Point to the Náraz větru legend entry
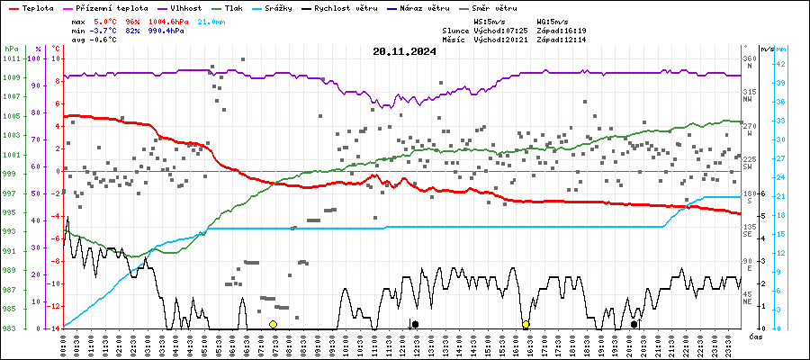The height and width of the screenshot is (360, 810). point(429,8)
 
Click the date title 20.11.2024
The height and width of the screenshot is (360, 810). point(404,51)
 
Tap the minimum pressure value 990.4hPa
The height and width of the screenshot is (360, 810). point(166,30)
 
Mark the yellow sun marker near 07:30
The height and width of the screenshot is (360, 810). point(273,324)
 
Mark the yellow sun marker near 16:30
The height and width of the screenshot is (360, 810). point(526,324)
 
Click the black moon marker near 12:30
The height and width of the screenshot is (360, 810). point(415,324)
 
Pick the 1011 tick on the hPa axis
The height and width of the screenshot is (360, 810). point(11,58)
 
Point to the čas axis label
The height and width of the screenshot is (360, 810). point(756,336)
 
